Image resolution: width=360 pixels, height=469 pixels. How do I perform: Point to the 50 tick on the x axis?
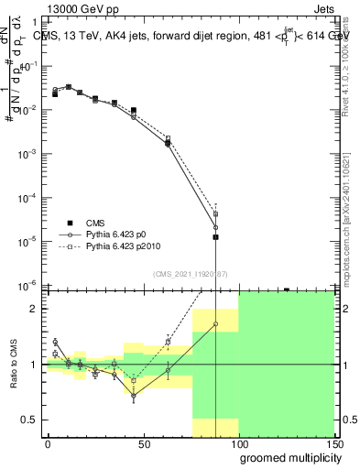tap(144, 446)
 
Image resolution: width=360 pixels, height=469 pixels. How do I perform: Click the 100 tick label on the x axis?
tap(238, 446)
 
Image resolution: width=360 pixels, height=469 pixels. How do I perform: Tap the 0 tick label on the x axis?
tap(48, 446)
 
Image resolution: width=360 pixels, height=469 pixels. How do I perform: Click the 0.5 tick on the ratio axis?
tap(29, 420)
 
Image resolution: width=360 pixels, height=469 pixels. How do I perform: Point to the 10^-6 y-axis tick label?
tap(27, 285)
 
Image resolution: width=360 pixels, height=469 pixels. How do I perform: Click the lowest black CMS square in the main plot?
tap(215, 237)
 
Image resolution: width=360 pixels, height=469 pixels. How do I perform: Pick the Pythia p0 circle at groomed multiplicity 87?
tap(215, 227)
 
